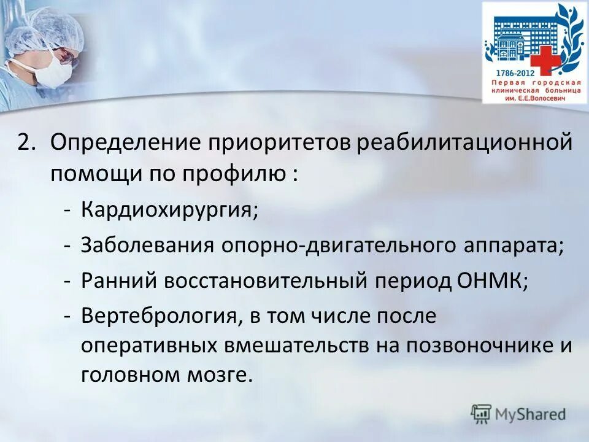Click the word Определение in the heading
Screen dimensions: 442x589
(127, 143)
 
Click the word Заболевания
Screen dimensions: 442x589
(147, 246)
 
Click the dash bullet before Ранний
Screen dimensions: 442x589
(69, 281)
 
